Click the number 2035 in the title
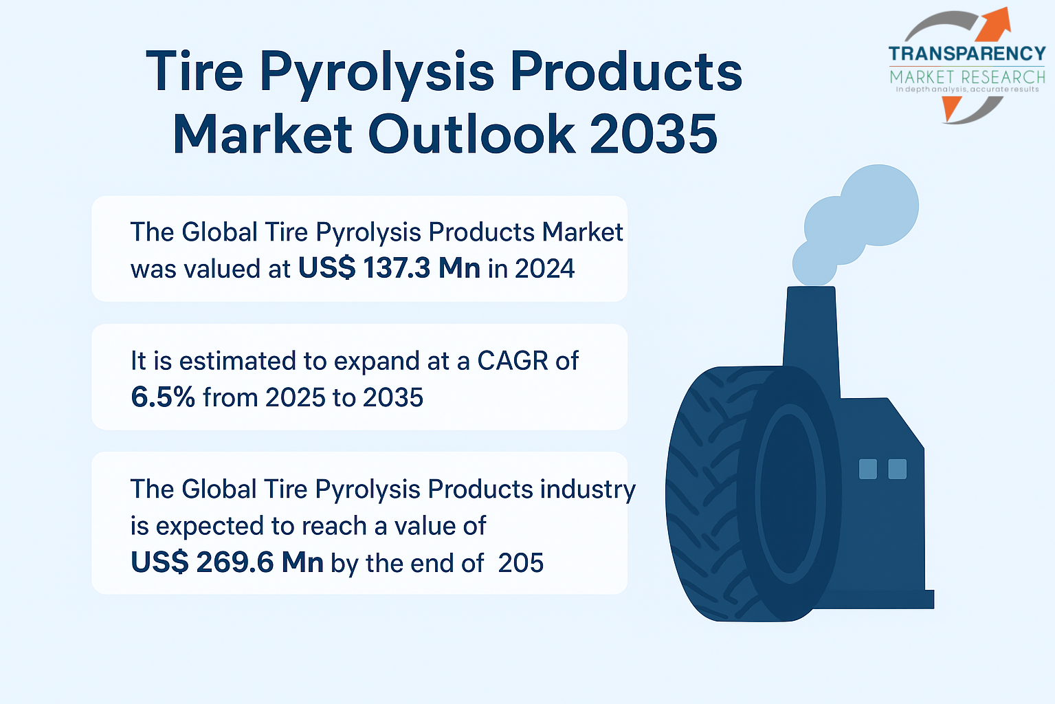pos(654,134)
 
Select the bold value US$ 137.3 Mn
pos(390,268)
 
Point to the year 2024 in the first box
pos(545,269)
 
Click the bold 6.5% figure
pos(163,397)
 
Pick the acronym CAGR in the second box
pos(513,361)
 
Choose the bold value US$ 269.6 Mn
pos(227,562)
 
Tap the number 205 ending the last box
pos(520,562)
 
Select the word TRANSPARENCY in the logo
pos(967,54)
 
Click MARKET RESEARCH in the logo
pos(967,77)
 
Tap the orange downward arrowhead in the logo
pos(951,108)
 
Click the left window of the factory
pos(867,469)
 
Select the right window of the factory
pos(897,469)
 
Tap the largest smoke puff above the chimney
pos(879,205)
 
